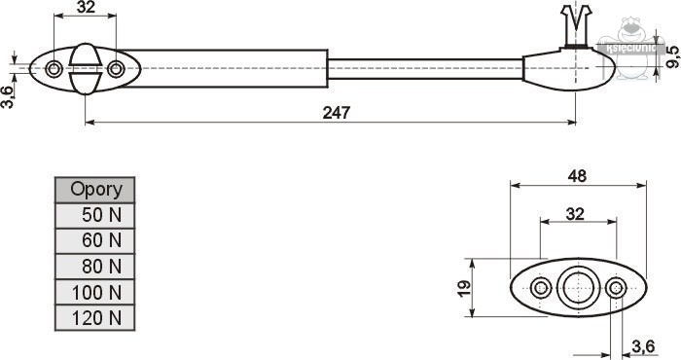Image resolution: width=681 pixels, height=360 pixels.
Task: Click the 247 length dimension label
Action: [337, 113]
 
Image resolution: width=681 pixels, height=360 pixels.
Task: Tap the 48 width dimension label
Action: [577, 176]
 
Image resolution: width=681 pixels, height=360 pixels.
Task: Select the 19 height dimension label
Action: [464, 288]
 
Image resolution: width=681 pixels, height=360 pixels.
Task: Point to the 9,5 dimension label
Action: [673, 56]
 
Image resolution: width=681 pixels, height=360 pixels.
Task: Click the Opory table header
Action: [95, 190]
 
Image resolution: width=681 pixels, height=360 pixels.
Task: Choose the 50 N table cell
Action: [95, 215]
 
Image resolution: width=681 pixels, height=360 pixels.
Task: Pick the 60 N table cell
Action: [95, 240]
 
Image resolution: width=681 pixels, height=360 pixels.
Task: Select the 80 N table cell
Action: [95, 267]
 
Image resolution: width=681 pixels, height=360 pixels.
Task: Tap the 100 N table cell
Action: [95, 292]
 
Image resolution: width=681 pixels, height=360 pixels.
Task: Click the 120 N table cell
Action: [95, 318]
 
